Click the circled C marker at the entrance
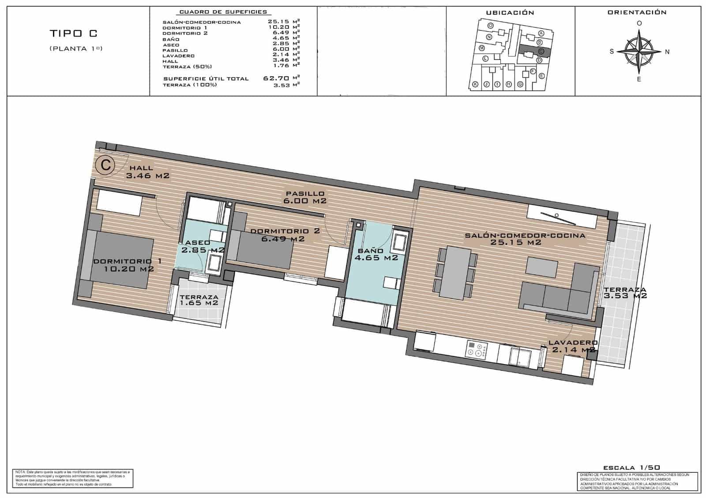tap(106, 165)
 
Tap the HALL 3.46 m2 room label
tap(147, 172)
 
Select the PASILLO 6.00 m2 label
tap(305, 197)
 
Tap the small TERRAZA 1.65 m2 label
tap(199, 300)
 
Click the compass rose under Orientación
tap(639, 52)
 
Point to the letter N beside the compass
tap(667, 52)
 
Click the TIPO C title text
tap(74, 33)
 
